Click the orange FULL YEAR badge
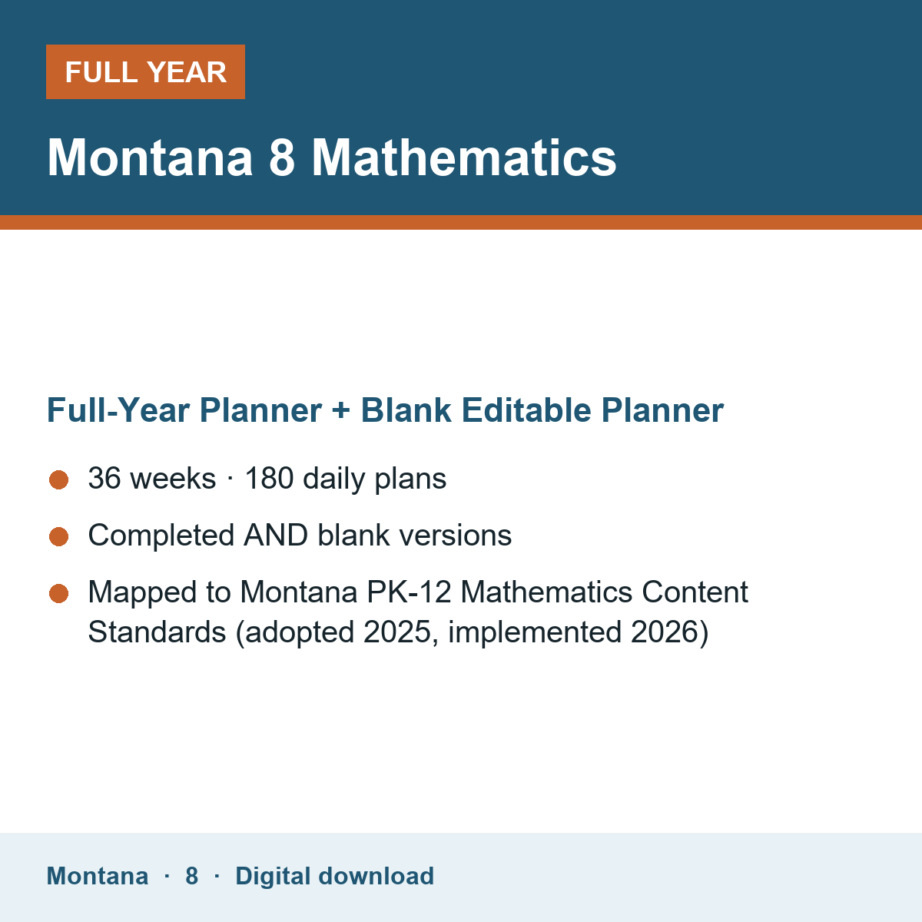(x=145, y=71)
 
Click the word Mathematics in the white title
(x=463, y=158)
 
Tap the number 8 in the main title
(x=282, y=158)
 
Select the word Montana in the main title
(x=150, y=158)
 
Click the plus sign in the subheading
(x=340, y=411)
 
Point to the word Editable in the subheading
(x=526, y=410)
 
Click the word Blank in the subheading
(x=406, y=410)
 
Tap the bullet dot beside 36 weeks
(x=59, y=479)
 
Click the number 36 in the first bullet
(x=104, y=478)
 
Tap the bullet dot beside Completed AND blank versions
(x=59, y=536)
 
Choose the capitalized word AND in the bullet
(x=276, y=535)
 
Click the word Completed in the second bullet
(x=161, y=535)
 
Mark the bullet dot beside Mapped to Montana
(x=59, y=593)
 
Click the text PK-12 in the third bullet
(x=409, y=592)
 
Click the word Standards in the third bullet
(x=157, y=632)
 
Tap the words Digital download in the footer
(x=334, y=876)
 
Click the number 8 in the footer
(x=192, y=876)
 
